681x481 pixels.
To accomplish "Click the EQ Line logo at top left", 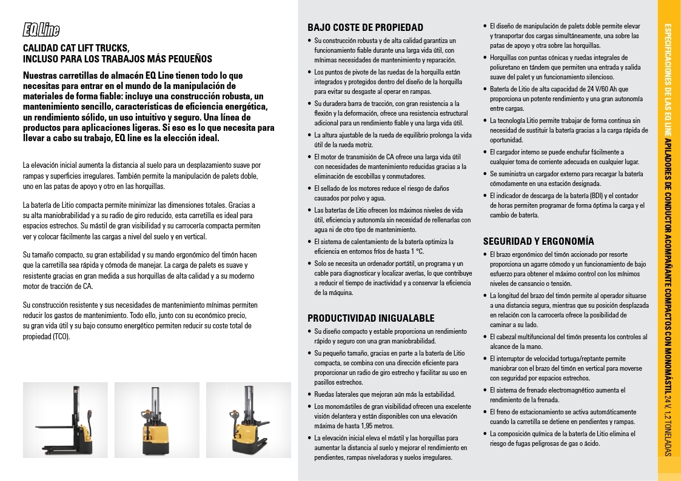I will (x=41, y=30).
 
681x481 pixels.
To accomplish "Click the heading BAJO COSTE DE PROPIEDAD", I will (x=365, y=27).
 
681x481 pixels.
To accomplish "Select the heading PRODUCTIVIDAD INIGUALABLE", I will (x=371, y=318).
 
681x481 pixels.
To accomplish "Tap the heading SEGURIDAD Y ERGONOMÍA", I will (x=538, y=240).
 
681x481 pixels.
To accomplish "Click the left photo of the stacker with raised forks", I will (x=65, y=420).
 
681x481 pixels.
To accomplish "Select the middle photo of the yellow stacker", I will (x=156, y=420).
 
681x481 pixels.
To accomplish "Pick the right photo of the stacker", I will (x=248, y=420).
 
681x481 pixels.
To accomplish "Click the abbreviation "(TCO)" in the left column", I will (x=61, y=336).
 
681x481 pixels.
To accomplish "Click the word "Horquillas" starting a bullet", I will (x=505, y=58).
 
